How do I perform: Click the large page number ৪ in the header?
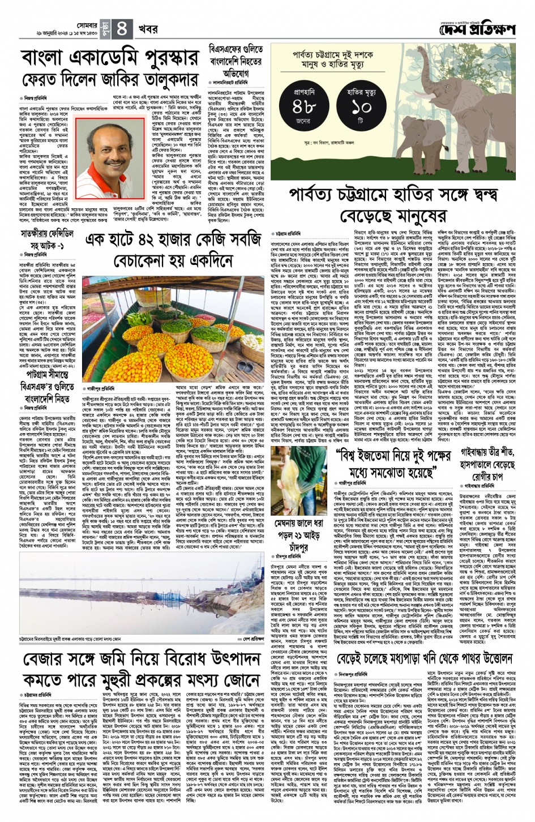point(124,27)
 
